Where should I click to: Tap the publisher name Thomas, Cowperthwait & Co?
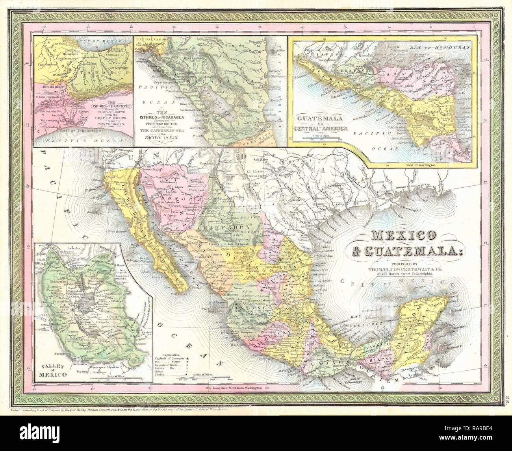(x=398, y=269)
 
